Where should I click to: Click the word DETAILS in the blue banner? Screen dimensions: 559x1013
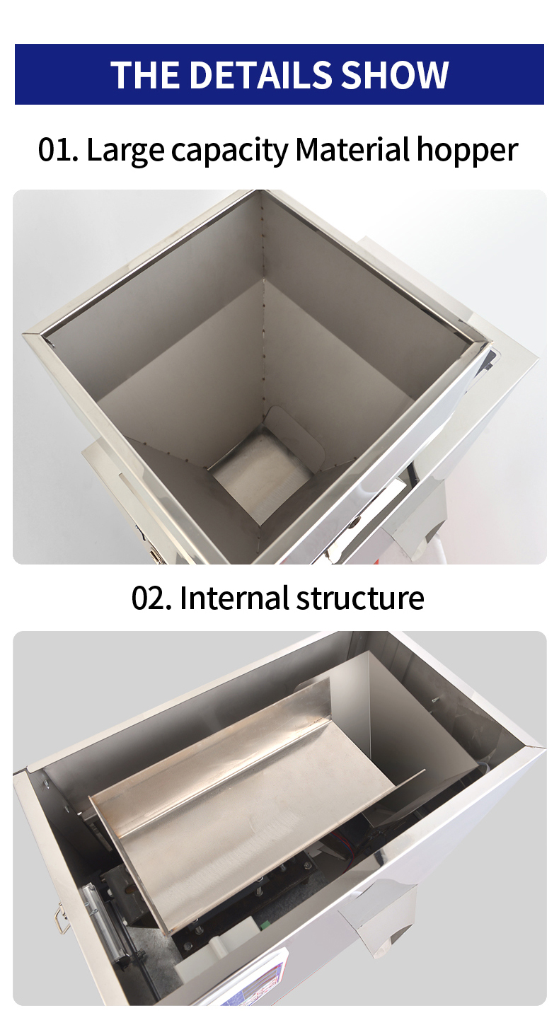click(261, 74)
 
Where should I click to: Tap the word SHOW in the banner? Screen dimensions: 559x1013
click(394, 74)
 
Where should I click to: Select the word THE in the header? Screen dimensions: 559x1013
click(146, 74)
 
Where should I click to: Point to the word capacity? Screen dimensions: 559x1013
click(230, 151)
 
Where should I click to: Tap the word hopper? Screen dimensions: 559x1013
click(467, 151)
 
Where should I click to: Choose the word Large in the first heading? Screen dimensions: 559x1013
click(125, 151)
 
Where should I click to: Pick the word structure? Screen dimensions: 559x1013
click(360, 598)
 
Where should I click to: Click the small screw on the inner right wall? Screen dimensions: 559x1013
click(435, 700)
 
